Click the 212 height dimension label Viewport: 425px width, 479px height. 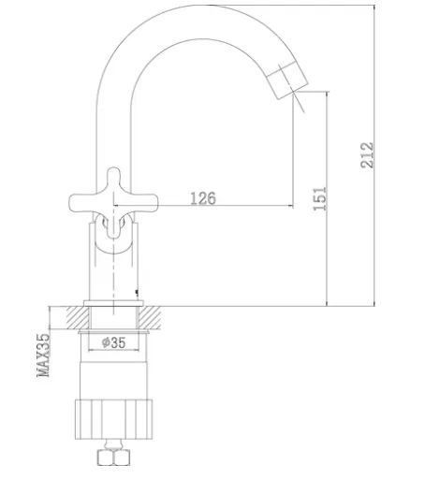tap(367, 155)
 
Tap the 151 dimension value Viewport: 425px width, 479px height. tap(320, 198)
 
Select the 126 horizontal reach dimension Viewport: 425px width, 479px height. tap(203, 198)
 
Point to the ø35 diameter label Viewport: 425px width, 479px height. tap(113, 342)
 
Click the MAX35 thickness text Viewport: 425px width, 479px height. tap(43, 356)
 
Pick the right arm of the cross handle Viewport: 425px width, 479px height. tap(143, 203)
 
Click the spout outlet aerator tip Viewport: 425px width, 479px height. tap(287, 80)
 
